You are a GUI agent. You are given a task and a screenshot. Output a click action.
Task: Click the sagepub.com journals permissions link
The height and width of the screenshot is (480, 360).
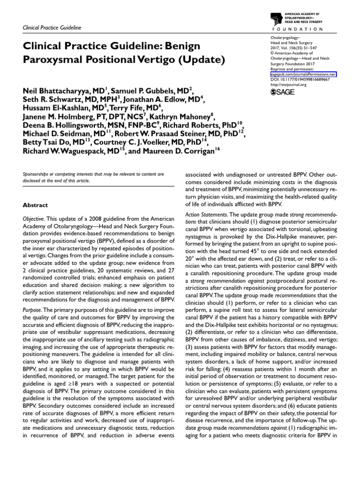point(304,75)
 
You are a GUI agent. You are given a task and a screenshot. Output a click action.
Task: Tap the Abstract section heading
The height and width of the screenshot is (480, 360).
point(36,205)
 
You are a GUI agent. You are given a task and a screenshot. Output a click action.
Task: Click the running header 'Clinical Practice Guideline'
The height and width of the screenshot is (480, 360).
point(52,28)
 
